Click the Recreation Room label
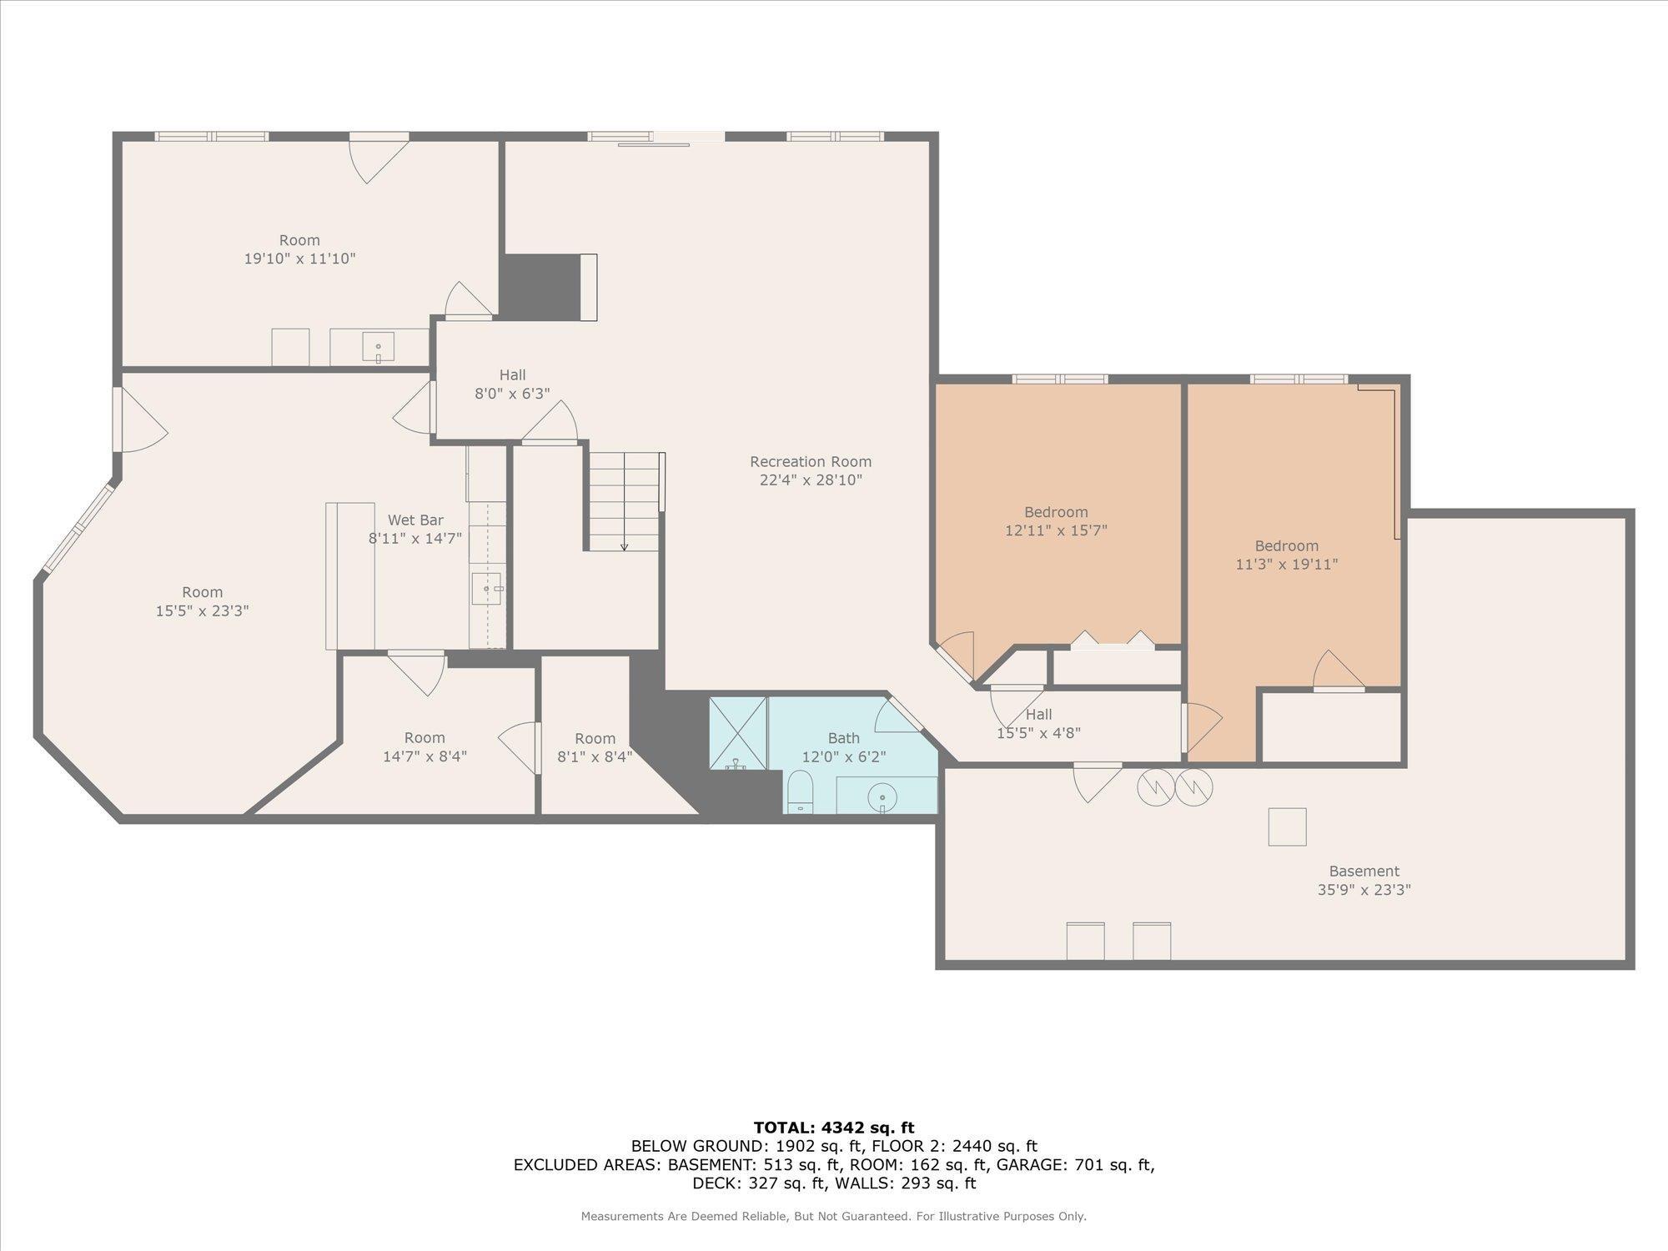point(810,461)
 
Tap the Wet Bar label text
point(415,520)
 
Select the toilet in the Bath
point(801,791)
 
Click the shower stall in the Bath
point(738,733)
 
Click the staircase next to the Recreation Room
point(625,501)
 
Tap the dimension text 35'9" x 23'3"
point(1364,890)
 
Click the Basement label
point(1364,872)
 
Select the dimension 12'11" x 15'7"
point(1056,530)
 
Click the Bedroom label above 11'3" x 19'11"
point(1286,546)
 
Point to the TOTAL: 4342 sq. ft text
point(834,1128)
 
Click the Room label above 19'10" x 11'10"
point(299,240)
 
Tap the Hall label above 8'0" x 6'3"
point(512,375)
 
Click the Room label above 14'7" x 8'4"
point(425,738)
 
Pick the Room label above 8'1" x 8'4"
point(595,739)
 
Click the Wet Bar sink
point(487,588)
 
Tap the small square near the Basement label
point(1287,826)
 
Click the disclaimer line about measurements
point(834,1217)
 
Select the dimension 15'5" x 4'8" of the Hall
point(1038,733)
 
